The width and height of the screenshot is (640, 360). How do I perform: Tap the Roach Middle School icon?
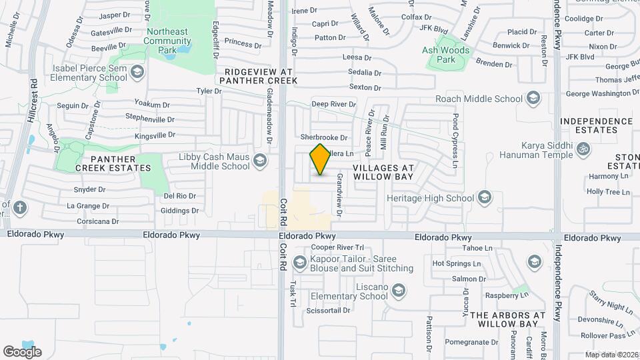tap(533, 99)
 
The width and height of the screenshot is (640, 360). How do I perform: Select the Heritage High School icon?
tap(485, 198)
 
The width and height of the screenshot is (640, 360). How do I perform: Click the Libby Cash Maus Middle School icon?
tap(259, 161)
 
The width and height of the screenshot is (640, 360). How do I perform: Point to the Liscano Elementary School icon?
tap(398, 291)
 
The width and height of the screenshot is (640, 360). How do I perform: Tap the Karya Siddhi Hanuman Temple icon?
tap(583, 149)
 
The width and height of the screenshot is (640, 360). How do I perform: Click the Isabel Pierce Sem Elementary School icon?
tap(137, 72)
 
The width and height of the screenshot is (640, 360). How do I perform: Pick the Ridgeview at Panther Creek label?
tap(260, 76)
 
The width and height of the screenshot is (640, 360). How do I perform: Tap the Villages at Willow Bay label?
tap(383, 172)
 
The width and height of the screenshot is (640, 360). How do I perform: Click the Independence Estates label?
tap(596, 125)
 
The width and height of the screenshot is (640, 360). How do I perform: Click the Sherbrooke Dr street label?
tap(325, 138)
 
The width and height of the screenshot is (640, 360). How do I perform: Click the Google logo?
tap(22, 351)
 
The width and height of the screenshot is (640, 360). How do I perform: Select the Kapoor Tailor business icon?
tap(300, 263)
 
